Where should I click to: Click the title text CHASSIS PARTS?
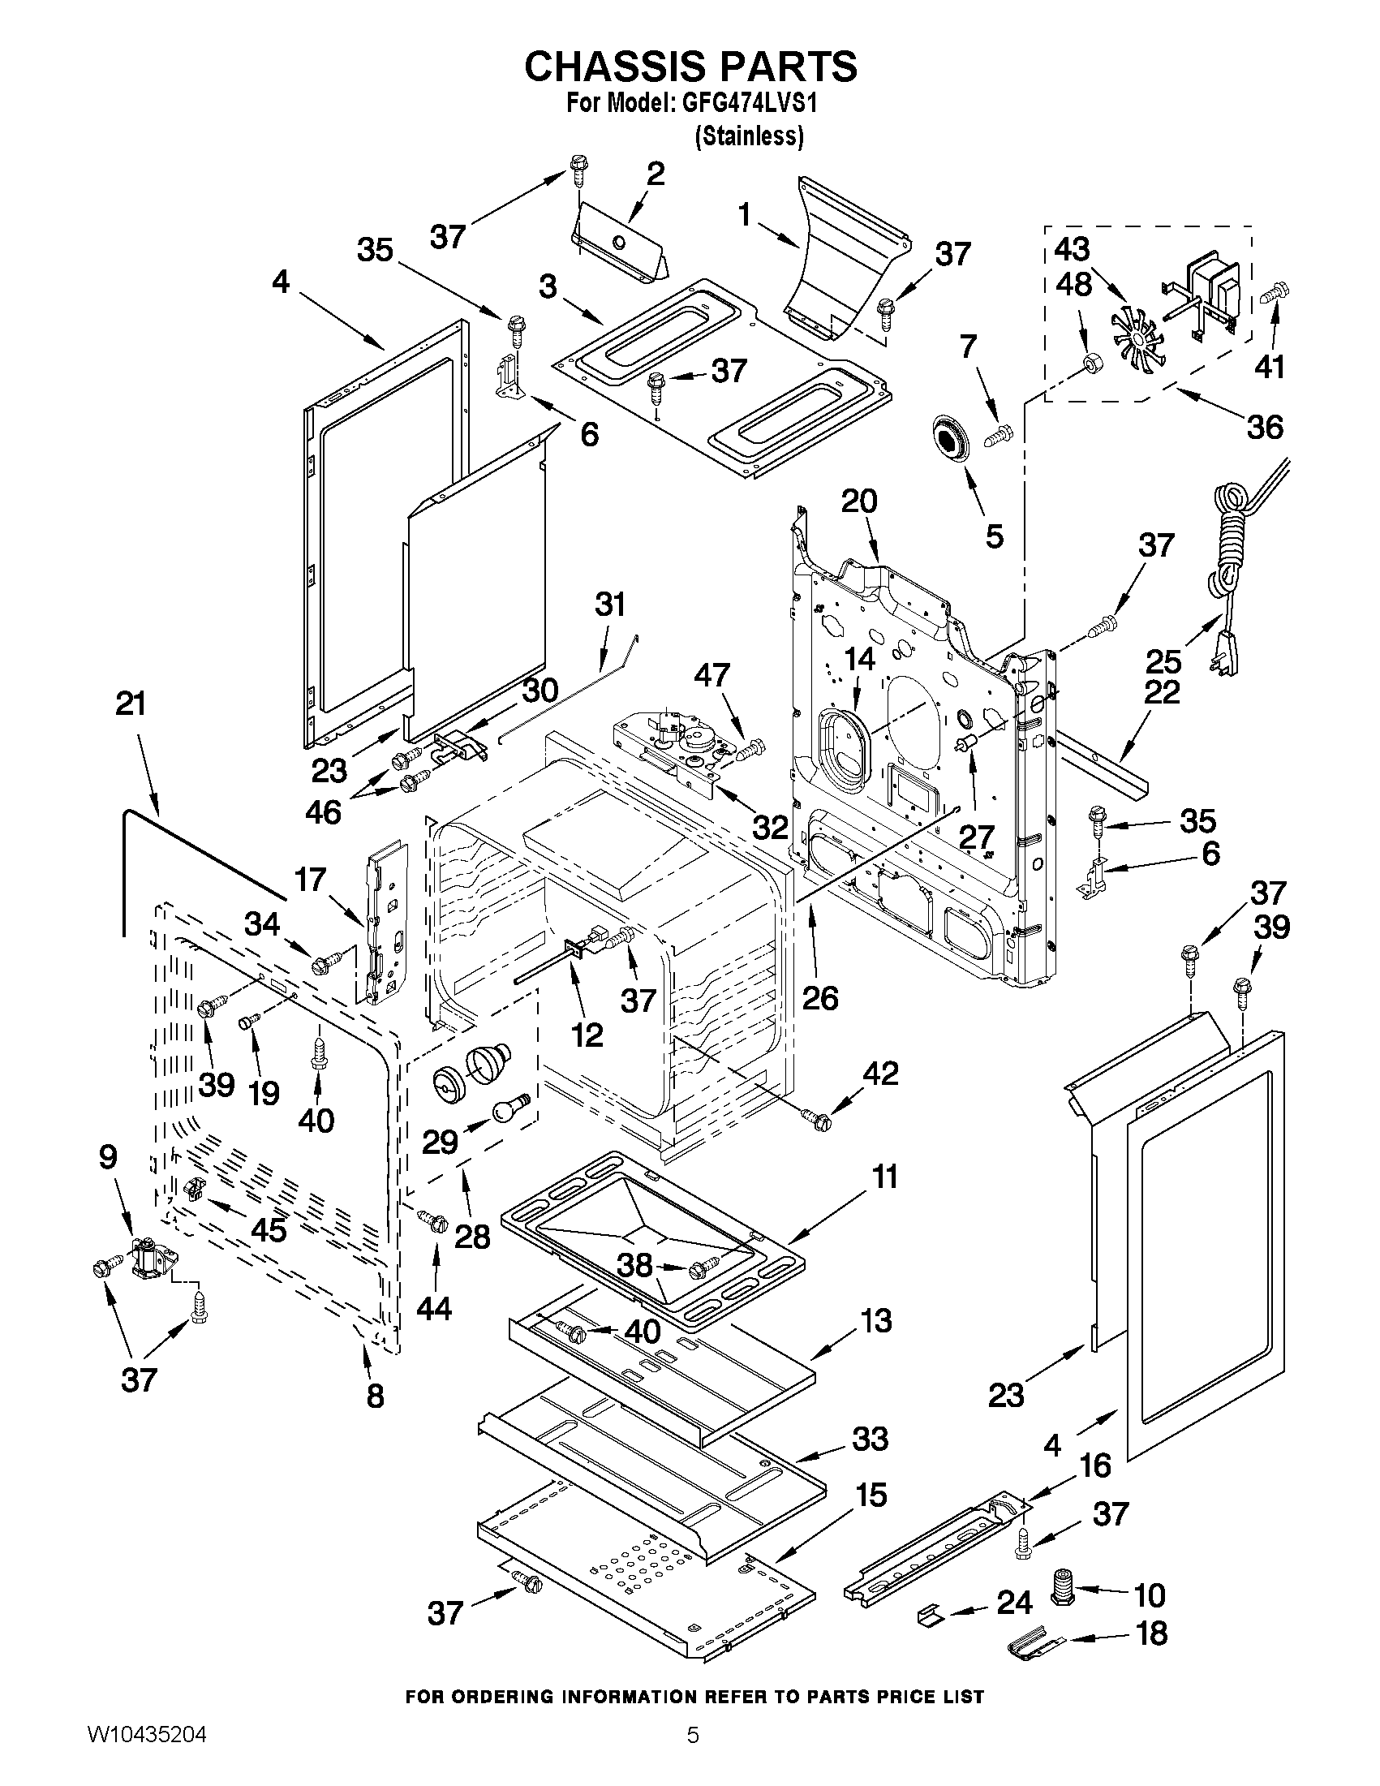(x=691, y=67)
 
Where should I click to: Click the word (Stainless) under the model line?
(x=749, y=136)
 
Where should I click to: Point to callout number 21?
(x=131, y=704)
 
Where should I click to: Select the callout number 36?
(x=1265, y=427)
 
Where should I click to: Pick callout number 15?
(x=871, y=1495)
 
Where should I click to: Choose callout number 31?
(x=610, y=605)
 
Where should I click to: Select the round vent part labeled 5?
(x=949, y=438)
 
